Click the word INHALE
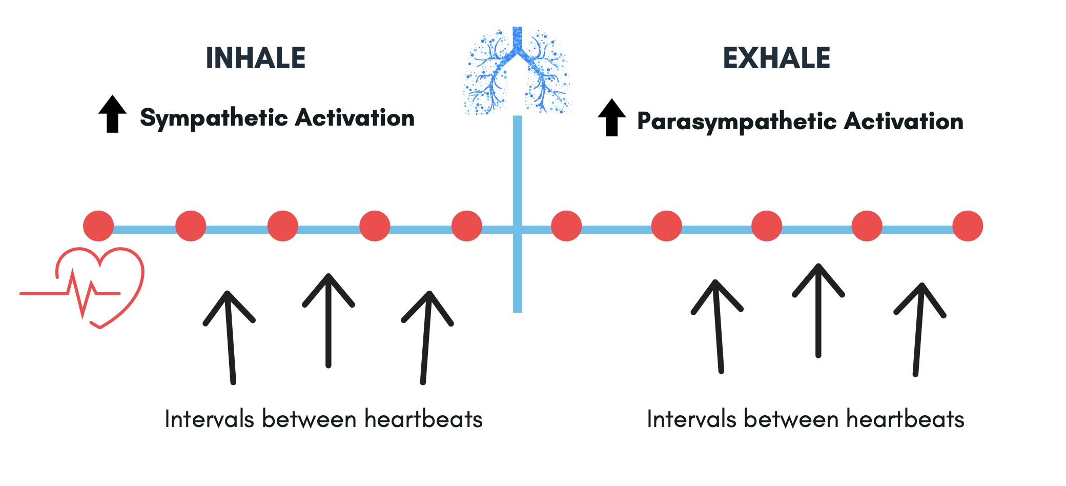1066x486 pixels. (255, 58)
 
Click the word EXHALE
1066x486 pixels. (776, 58)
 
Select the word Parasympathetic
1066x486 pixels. (737, 122)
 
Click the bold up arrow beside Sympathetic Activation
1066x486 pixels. (112, 114)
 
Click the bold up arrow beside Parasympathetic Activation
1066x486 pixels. (611, 117)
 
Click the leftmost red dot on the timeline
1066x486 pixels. (98, 226)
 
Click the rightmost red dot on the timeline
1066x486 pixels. (967, 226)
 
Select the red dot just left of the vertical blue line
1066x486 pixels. (466, 226)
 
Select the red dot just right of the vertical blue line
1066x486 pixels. (566, 226)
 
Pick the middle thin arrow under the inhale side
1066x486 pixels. (328, 320)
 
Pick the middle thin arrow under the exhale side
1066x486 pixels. (818, 310)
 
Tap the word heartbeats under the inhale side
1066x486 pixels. (423, 419)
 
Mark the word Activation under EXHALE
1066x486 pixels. (904, 122)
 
